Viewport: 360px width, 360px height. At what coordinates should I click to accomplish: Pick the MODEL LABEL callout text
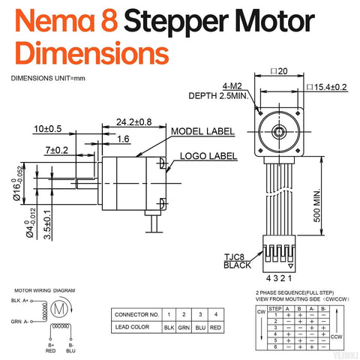(x=203, y=130)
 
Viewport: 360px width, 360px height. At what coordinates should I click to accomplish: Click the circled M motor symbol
(x=57, y=308)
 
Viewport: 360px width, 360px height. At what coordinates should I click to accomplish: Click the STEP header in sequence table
(x=275, y=308)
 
